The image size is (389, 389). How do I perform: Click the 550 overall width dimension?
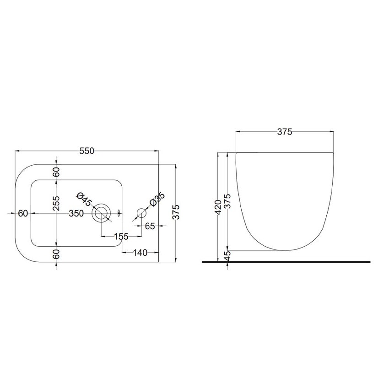point(86,151)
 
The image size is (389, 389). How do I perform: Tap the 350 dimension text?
point(76,213)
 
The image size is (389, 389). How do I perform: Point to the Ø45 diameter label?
point(85,200)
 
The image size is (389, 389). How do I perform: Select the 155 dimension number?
point(121,237)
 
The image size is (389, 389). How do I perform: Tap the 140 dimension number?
point(140,252)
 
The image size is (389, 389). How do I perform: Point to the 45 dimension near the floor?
point(228,256)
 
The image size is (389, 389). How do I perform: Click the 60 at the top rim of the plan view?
point(56,173)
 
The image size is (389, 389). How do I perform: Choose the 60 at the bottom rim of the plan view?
point(56,254)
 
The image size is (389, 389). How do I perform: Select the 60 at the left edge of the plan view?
point(23,213)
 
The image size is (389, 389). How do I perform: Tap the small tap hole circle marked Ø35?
point(141,213)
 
